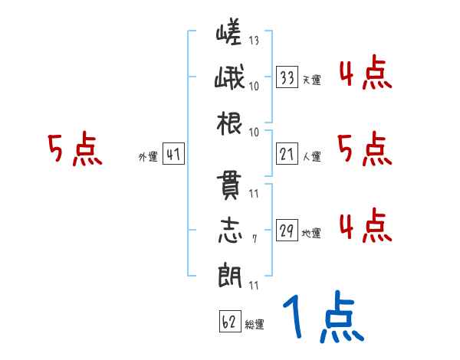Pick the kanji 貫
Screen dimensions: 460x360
click(230, 188)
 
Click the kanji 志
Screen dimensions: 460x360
click(230, 232)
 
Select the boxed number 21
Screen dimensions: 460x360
click(287, 154)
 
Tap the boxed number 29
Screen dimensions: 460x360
click(287, 231)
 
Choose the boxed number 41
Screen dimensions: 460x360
click(173, 154)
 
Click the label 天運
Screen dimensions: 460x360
click(311, 80)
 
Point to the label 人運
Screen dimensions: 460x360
click(311, 157)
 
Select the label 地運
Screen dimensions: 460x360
click(311, 234)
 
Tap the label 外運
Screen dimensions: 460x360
click(148, 157)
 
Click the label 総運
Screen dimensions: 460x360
click(254, 324)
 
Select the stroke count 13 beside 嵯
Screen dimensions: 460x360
click(254, 41)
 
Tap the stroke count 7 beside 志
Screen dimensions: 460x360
click(255, 238)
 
